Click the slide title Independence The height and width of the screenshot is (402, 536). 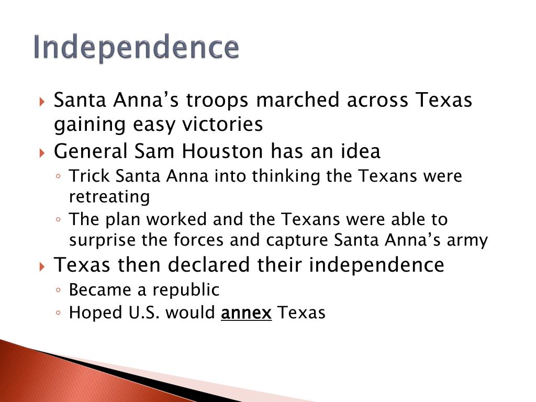[136, 48]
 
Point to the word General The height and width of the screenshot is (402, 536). [91, 151]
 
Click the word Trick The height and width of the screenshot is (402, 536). [90, 176]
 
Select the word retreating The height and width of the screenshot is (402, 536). [109, 197]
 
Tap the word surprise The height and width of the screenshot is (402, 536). [103, 240]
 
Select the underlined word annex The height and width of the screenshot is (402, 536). [246, 313]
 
